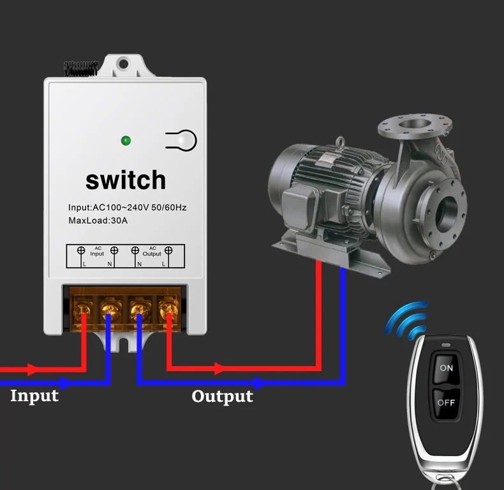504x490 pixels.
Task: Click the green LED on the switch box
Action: click(x=126, y=140)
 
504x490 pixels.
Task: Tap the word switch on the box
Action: click(x=126, y=180)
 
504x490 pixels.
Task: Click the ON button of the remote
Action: click(x=446, y=368)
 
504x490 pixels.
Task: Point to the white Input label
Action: click(x=34, y=396)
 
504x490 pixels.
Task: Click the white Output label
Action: click(x=222, y=397)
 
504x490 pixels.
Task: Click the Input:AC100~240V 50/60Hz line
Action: click(x=127, y=208)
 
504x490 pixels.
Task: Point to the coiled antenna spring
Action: click(x=80, y=68)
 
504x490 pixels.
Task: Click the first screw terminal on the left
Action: click(x=83, y=311)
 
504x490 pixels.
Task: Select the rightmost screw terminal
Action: click(x=168, y=311)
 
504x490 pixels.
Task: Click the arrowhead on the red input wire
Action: click(x=32, y=370)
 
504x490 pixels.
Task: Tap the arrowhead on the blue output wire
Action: click(x=259, y=383)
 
